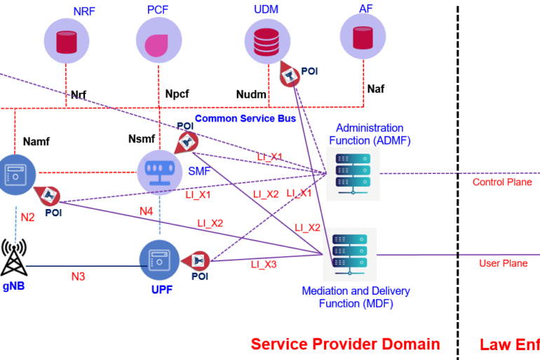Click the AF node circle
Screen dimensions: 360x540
point(363,38)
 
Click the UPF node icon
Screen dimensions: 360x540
point(161,260)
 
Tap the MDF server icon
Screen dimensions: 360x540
point(349,255)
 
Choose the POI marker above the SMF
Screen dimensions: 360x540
point(184,140)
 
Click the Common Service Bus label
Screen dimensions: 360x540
point(245,119)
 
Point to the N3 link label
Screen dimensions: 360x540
point(78,277)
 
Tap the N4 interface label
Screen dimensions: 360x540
point(146,211)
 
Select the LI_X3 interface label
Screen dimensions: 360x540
point(264,264)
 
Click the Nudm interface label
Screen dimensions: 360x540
point(252,93)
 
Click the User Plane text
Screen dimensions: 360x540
point(503,263)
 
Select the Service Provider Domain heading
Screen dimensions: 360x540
point(345,344)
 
